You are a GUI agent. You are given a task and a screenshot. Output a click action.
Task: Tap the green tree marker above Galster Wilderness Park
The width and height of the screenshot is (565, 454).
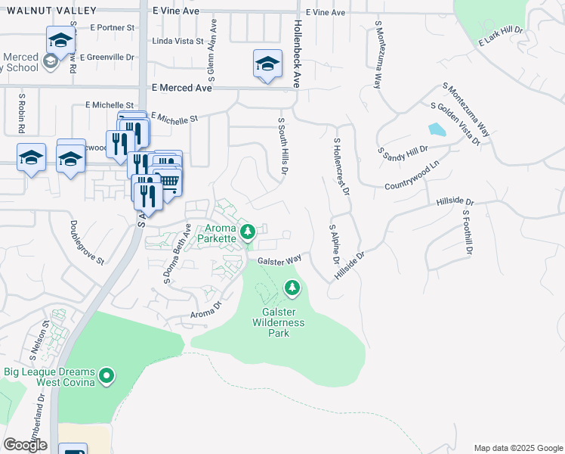[292, 288]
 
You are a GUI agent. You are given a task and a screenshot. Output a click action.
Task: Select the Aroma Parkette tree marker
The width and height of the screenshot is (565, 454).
[248, 231]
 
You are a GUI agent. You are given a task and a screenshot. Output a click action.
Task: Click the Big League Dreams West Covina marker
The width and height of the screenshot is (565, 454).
[107, 375]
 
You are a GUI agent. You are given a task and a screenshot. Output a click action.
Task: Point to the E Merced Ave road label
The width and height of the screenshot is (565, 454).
[181, 88]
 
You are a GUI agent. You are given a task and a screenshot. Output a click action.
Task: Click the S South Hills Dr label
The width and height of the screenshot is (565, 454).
[283, 147]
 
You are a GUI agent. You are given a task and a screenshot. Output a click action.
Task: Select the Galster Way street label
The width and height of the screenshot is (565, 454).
[279, 260]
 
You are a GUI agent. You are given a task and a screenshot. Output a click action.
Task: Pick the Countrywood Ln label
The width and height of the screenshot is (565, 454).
[412, 176]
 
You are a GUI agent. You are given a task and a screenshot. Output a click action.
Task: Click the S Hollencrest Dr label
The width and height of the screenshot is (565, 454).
[341, 166]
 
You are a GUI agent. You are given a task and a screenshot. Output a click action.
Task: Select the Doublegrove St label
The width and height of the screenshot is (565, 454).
[86, 241]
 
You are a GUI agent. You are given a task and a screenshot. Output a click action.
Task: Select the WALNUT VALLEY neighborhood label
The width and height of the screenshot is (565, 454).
[48, 11]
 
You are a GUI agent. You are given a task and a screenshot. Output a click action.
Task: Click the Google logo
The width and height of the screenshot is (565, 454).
[25, 444]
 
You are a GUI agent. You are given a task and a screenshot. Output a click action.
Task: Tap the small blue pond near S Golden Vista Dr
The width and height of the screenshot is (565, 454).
[437, 129]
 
